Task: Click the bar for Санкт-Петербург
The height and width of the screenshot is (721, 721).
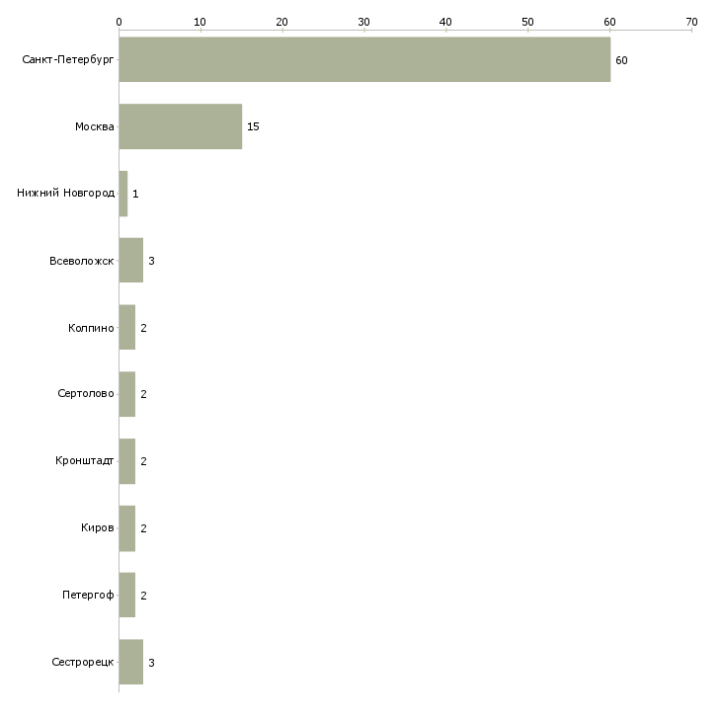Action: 364,59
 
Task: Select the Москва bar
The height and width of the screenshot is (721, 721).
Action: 181,126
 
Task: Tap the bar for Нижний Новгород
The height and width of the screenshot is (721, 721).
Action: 123,194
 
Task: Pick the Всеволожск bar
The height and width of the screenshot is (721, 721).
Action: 131,261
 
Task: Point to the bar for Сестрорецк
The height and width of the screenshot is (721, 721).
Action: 131,662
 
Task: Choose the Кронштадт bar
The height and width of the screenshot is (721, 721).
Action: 127,461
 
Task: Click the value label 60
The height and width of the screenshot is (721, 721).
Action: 621,60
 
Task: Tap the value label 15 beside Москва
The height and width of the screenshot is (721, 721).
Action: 253,126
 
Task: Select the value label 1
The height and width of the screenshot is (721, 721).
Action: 135,194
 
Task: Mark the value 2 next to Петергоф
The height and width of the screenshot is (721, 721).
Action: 143,596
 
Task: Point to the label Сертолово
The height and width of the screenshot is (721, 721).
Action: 86,394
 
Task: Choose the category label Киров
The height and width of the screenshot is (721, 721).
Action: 98,527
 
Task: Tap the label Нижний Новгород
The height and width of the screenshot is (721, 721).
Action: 66,193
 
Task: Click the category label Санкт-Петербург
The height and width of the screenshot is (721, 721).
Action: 68,60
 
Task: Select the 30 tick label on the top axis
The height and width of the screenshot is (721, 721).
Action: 363,22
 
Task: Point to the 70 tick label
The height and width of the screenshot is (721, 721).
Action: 691,22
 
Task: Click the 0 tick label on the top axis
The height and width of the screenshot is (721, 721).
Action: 119,22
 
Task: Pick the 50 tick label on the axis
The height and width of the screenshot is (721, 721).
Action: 527,22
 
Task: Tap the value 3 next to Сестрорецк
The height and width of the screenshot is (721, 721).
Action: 151,663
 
